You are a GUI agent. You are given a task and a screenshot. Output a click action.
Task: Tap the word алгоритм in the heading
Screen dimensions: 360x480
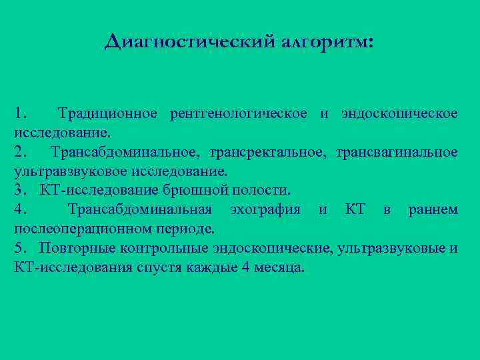pos(327,42)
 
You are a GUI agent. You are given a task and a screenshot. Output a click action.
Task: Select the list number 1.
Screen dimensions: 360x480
pos(19,114)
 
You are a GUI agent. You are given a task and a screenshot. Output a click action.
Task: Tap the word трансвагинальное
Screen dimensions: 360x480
pos(397,153)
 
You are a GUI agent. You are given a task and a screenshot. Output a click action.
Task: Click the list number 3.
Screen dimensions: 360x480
pos(19,191)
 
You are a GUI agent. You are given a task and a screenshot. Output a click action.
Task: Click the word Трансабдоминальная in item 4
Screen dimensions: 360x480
pos(140,210)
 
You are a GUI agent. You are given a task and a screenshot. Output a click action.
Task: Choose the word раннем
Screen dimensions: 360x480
pos(433,210)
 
